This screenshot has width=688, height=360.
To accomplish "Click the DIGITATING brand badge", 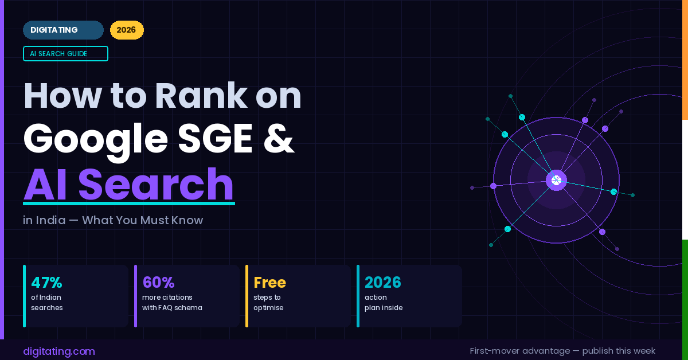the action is [63, 30].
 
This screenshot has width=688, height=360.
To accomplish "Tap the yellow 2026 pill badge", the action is [127, 30].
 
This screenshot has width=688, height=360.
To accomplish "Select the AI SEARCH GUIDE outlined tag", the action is [65, 54].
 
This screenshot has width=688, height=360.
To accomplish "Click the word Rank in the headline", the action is [201, 96].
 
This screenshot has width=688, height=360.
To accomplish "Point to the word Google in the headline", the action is [96, 140].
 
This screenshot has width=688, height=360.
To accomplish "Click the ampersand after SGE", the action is [279, 139].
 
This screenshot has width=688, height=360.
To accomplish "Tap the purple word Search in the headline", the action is [156, 185].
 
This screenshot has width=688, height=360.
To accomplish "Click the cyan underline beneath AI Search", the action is [129, 204].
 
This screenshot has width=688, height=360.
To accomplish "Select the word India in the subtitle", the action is [50, 220].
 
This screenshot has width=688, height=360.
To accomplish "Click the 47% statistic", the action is [46, 283].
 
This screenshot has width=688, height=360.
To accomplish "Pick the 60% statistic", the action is [158, 283].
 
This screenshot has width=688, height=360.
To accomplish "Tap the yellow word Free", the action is [269, 283].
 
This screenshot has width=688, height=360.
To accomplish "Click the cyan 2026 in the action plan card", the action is [383, 283].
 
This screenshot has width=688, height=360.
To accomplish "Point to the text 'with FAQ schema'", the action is [172, 308].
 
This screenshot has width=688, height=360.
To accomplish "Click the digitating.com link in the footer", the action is [59, 351].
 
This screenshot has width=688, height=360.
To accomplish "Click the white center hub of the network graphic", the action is [556, 181].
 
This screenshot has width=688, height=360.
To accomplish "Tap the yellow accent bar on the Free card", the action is [247, 296].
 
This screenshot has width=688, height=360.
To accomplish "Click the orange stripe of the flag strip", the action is [685, 60].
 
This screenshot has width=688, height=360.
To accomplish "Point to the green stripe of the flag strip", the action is [685, 300].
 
